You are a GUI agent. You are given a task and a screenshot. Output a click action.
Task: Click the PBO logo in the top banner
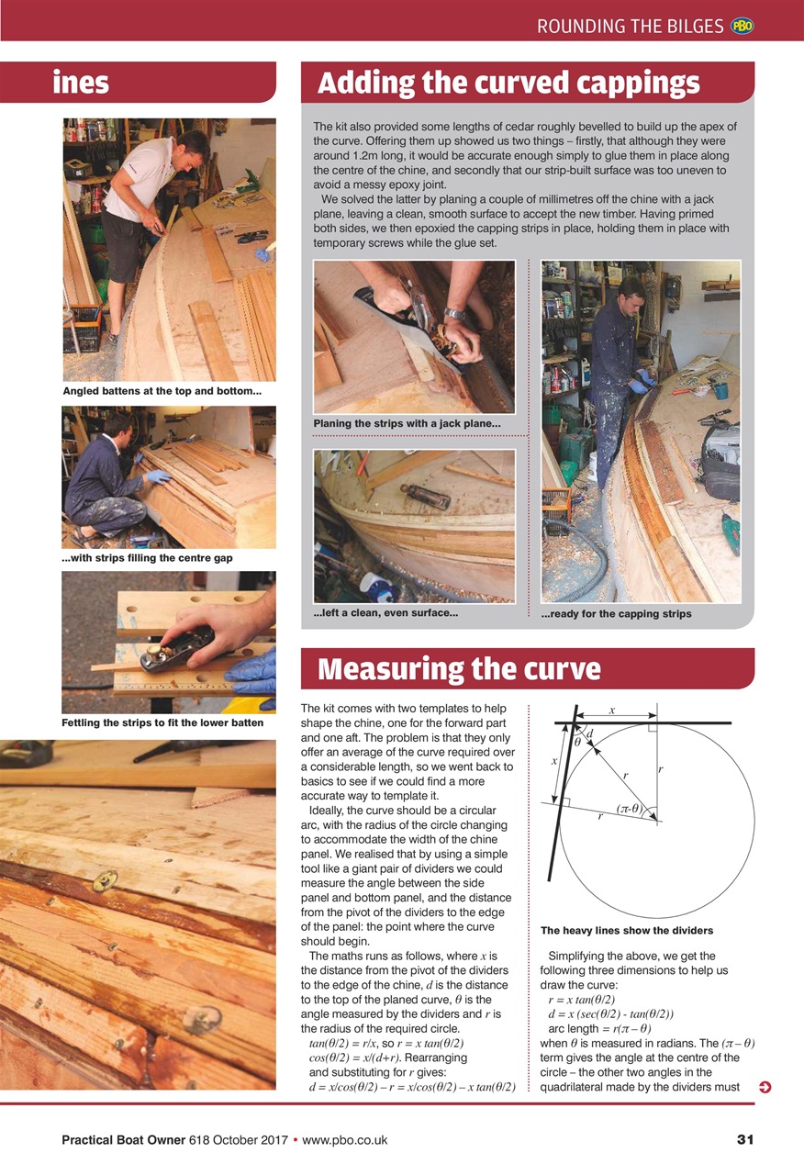(742, 27)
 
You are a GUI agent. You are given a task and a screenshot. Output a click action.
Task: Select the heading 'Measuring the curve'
(458, 669)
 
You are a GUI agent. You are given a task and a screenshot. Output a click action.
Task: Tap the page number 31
(744, 1140)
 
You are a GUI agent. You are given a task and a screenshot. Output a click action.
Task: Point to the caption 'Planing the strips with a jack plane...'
(407, 423)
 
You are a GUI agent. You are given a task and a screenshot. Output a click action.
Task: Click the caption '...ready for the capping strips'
(616, 613)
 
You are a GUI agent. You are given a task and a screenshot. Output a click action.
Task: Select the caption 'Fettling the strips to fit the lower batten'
(162, 722)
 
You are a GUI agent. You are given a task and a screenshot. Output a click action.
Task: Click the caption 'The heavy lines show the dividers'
(627, 930)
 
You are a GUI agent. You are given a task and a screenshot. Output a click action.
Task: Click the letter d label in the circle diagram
(589, 733)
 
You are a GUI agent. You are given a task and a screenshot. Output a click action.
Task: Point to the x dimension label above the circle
(612, 710)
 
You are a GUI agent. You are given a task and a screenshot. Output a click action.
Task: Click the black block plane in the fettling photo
(174, 648)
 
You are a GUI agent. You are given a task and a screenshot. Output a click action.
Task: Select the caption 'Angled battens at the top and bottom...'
(162, 392)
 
